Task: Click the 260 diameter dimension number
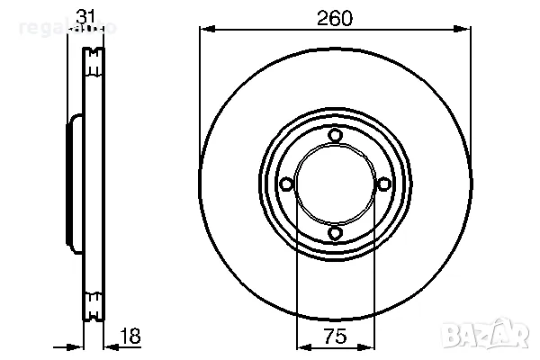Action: click(x=335, y=15)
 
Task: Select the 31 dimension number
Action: click(x=85, y=15)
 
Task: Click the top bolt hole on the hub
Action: click(x=335, y=136)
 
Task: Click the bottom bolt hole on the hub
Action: click(x=335, y=234)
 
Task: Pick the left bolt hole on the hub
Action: click(x=286, y=184)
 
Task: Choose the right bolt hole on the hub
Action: click(x=384, y=184)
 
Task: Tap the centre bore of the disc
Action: click(x=335, y=184)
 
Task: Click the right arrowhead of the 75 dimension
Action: click(x=368, y=346)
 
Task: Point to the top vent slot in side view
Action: click(x=91, y=62)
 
